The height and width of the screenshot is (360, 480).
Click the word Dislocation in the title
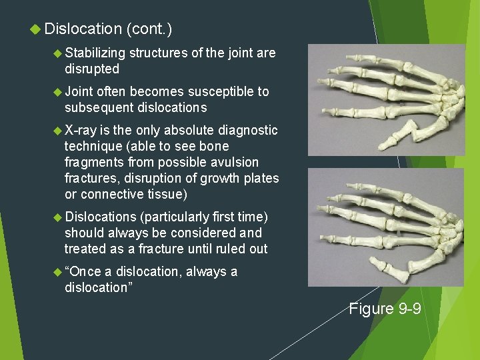tap(83, 29)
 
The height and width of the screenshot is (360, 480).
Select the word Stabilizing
tap(95, 53)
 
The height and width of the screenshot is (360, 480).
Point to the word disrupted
tap(92, 69)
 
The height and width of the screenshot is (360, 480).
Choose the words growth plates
tap(240, 178)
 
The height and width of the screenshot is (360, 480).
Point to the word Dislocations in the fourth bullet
tap(100, 217)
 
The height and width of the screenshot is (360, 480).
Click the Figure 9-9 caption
tap(385, 308)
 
